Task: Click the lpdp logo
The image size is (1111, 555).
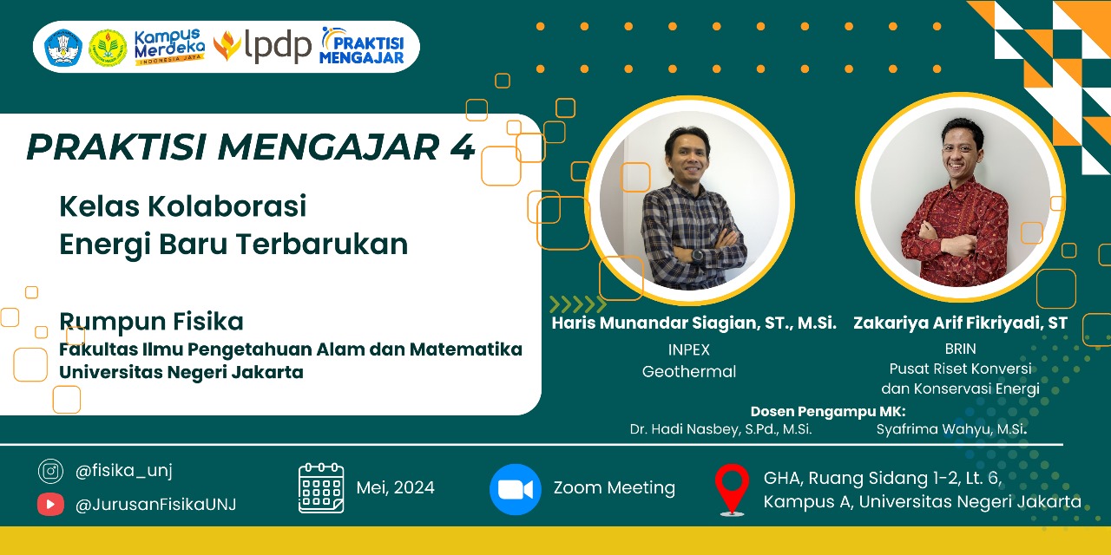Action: (x=262, y=46)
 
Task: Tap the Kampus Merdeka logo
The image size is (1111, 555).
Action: (x=169, y=47)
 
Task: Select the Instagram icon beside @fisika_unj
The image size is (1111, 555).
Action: (x=50, y=471)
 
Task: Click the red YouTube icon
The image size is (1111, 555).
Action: (x=50, y=505)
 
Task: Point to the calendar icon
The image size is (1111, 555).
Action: (x=321, y=487)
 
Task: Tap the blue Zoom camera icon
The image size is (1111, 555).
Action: (x=516, y=489)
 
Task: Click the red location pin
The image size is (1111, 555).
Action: (x=732, y=490)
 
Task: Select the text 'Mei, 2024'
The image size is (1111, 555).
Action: (x=395, y=487)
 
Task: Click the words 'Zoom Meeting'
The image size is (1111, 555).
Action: (x=614, y=488)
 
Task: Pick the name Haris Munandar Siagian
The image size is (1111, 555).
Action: (x=654, y=323)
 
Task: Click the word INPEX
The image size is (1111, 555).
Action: (x=689, y=349)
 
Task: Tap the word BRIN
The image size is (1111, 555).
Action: (x=960, y=349)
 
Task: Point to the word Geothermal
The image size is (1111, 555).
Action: (x=689, y=372)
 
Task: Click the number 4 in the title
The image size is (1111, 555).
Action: (x=463, y=147)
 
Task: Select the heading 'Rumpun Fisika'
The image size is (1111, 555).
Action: (x=151, y=322)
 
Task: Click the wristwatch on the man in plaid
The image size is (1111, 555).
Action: (x=696, y=256)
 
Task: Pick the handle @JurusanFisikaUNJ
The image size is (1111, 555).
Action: (x=155, y=505)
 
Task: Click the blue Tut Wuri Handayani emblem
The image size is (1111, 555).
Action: (x=63, y=48)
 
